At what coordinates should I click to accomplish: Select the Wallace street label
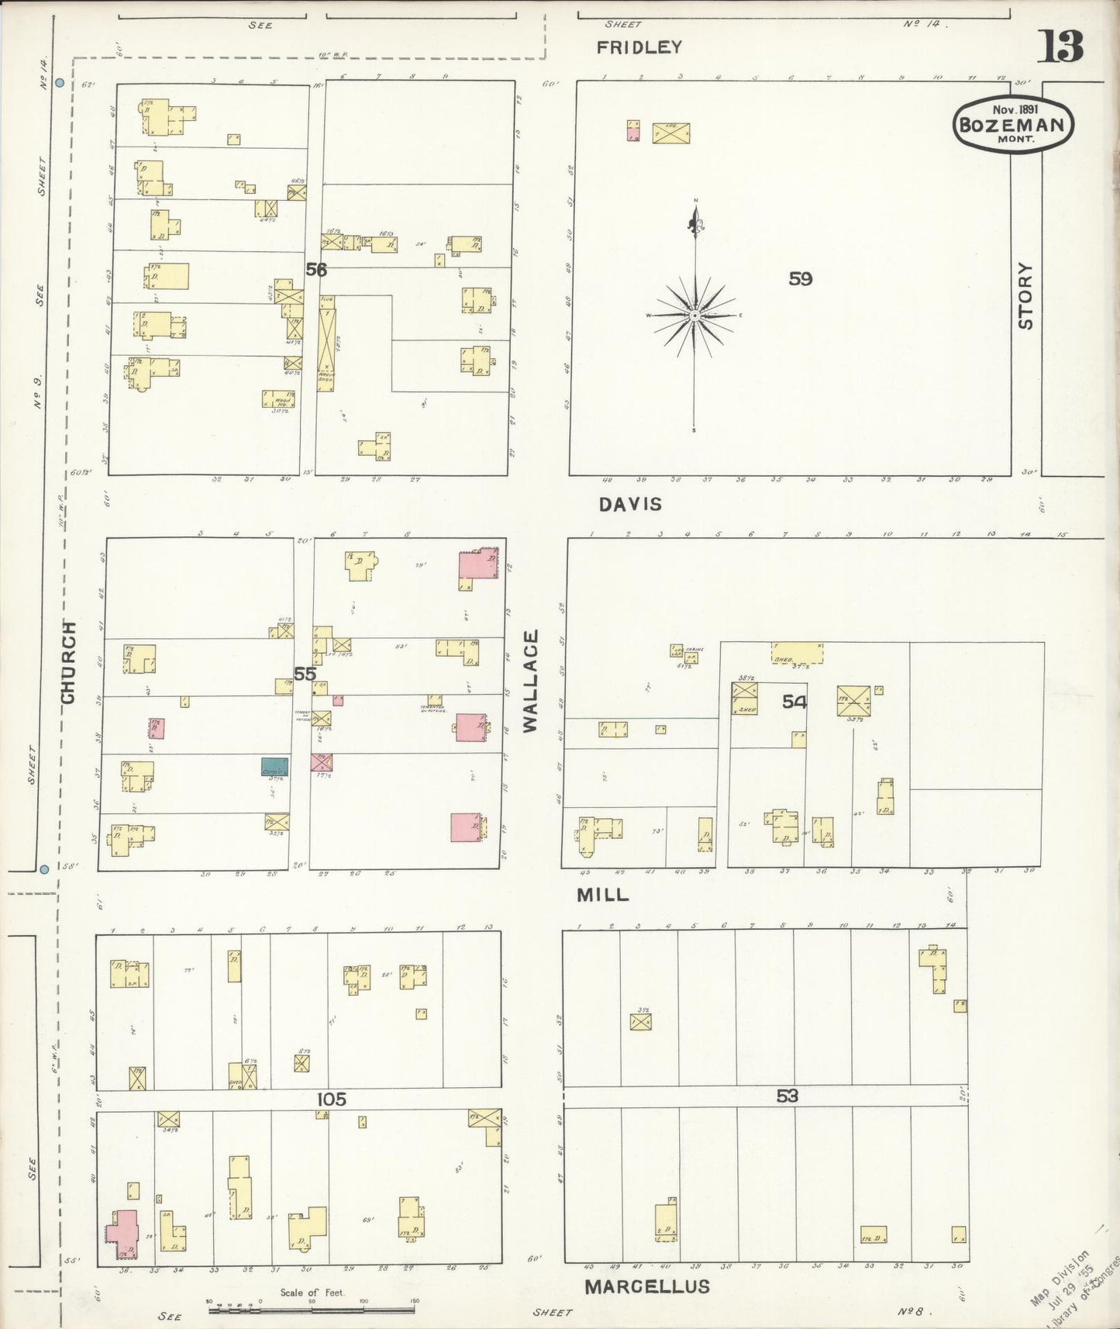pos(530,681)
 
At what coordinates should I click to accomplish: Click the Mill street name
pos(602,895)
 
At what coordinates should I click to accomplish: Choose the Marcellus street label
pos(646,1287)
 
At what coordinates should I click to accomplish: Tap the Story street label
pos(1025,295)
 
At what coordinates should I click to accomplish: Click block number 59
pos(800,278)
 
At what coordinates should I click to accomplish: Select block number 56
pos(316,270)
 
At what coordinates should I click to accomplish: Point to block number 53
pos(787,1096)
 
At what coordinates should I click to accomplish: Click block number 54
pos(794,702)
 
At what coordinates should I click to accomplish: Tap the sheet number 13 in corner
pos(1060,47)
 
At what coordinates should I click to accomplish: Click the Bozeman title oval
pos(1013,123)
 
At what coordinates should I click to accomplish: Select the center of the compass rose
pos(695,316)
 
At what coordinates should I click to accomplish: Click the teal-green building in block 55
pos(274,767)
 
